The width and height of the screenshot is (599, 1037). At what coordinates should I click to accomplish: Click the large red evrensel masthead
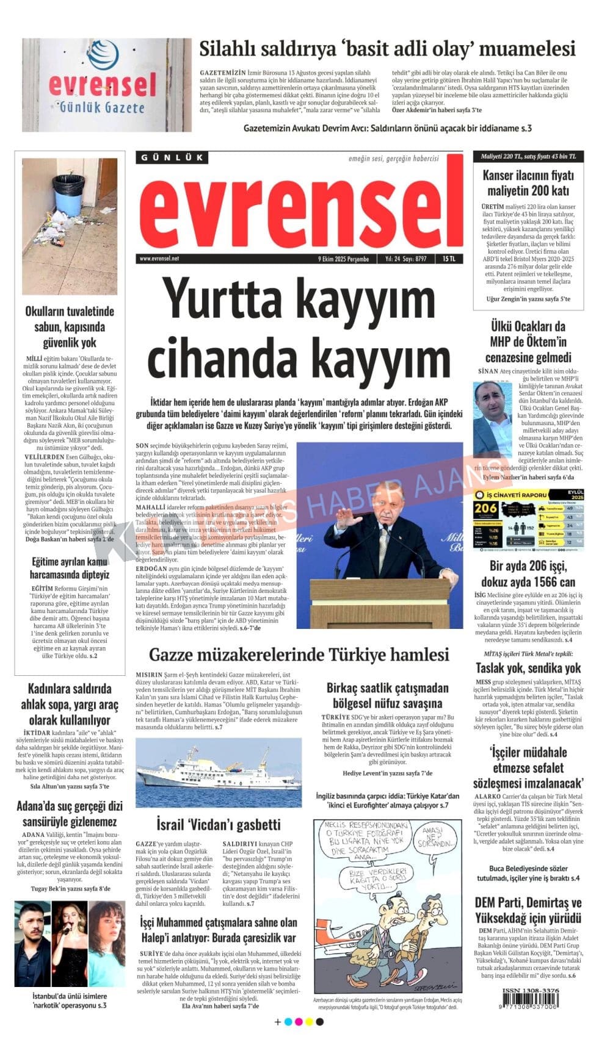pos(299,207)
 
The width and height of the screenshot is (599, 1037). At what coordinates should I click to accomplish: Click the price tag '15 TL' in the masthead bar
pos(449,259)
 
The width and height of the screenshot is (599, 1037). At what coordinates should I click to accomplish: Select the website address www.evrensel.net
pos(159,259)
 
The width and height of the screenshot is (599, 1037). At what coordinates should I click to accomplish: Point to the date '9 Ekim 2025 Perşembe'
pos(344,259)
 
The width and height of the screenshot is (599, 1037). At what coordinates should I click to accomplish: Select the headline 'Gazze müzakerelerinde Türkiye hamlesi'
pos(299,655)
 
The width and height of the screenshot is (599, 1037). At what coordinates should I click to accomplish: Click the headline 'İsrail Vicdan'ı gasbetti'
pos(218,825)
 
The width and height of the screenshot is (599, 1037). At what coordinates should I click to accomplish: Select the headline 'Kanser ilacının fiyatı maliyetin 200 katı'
pos(528,182)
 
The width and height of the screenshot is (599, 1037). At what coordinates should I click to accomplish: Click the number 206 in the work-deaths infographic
pos(486,508)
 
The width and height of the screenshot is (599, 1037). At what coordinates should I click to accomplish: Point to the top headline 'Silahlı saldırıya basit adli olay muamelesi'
pos(387,48)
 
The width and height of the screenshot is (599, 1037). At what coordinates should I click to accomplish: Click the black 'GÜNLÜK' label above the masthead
pos(172,157)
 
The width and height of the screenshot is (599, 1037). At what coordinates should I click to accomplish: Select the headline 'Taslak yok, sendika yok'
pos(528,667)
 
